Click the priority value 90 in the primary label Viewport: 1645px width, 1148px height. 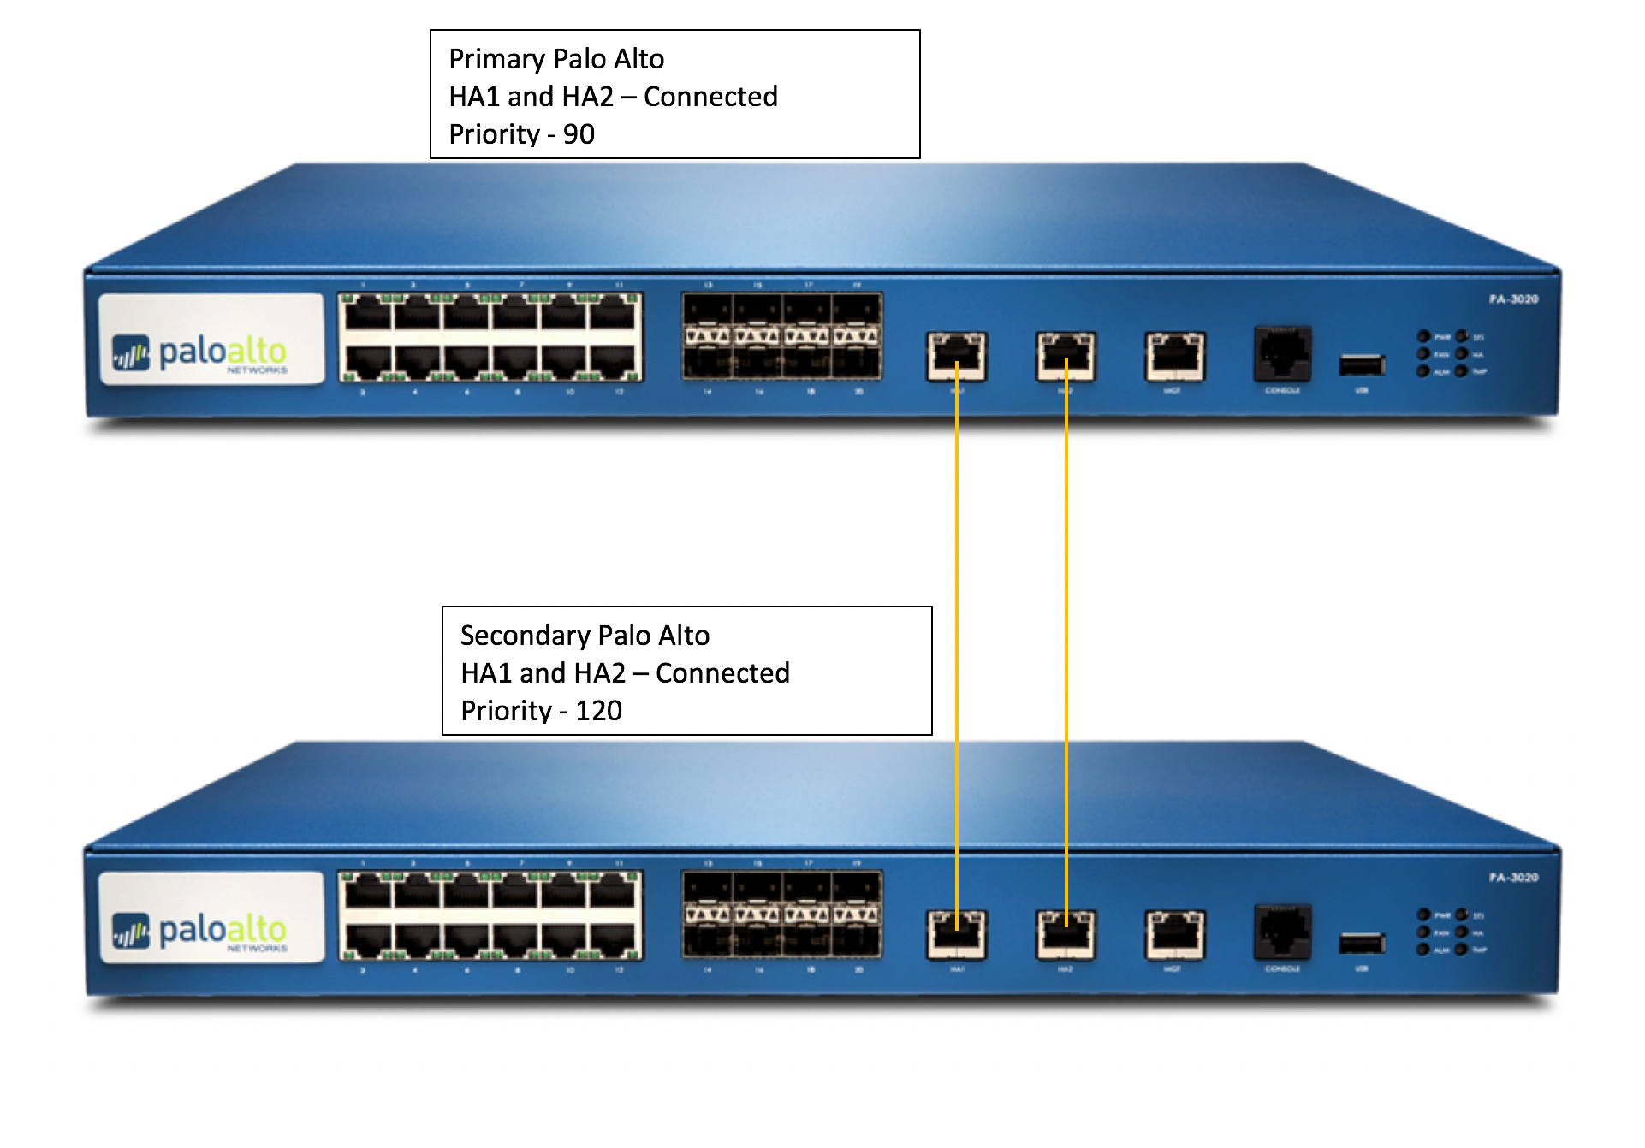(x=579, y=134)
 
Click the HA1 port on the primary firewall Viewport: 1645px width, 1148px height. (x=956, y=356)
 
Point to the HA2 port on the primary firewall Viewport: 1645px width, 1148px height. (x=1066, y=356)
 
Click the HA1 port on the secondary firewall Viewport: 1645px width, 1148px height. (x=956, y=934)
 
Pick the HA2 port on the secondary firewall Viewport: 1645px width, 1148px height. (x=1066, y=934)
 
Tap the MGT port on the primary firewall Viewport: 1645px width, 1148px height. (x=1174, y=356)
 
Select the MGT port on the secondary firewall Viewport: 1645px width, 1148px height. (x=1174, y=934)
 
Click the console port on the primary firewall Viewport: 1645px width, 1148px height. (x=1282, y=352)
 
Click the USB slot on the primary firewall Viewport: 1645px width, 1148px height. (x=1361, y=365)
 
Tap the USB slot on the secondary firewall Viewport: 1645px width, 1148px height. (x=1361, y=944)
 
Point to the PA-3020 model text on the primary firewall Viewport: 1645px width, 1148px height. (x=1513, y=299)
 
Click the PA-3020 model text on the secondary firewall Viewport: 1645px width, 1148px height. (x=1513, y=878)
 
